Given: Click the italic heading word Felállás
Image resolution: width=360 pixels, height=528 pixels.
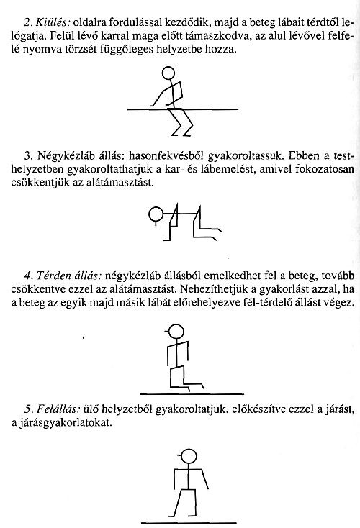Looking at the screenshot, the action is [60, 411].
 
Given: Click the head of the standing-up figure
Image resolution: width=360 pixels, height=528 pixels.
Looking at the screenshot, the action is [188, 455].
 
